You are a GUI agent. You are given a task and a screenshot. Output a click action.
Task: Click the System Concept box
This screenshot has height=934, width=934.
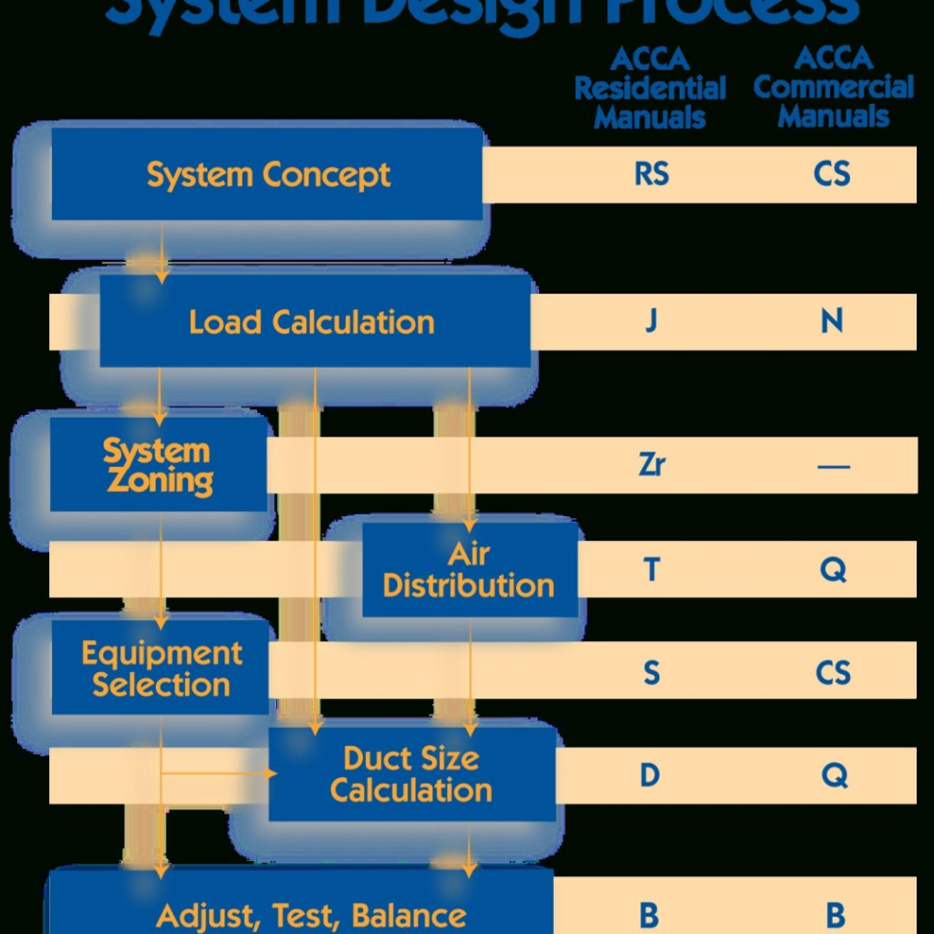(268, 175)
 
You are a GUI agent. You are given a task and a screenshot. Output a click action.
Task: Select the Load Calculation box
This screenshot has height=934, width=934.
(311, 322)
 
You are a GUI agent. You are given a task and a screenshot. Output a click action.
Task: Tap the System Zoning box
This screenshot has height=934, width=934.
(158, 465)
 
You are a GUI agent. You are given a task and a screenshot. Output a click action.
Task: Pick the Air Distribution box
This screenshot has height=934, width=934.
(469, 569)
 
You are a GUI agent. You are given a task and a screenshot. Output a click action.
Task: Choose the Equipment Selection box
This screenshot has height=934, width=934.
(161, 668)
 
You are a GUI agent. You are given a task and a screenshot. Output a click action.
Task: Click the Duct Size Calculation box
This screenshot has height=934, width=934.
(411, 774)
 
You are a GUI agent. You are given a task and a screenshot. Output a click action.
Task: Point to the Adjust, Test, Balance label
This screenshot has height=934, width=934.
(311, 914)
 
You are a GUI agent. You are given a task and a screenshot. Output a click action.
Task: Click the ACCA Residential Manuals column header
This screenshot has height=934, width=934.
(650, 89)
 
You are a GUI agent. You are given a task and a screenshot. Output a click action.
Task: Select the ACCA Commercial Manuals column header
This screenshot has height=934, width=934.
(833, 89)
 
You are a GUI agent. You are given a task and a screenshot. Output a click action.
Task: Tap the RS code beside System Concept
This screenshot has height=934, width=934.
(651, 175)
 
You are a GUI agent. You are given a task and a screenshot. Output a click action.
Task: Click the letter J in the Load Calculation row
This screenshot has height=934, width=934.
(651, 321)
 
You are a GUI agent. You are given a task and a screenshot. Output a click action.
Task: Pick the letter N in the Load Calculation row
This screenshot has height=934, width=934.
(832, 321)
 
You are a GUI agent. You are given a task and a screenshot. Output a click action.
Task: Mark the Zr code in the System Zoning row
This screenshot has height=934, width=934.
(651, 465)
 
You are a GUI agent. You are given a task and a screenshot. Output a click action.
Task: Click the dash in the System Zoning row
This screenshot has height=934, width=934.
(833, 467)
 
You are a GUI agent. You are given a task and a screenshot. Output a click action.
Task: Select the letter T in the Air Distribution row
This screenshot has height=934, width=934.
(651, 570)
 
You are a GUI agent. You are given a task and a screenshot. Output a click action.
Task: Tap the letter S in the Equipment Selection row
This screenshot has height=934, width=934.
(651, 672)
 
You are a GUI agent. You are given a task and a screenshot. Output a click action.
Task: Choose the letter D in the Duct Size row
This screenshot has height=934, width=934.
(651, 775)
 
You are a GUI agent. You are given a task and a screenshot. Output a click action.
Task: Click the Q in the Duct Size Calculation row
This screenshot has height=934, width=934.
(833, 775)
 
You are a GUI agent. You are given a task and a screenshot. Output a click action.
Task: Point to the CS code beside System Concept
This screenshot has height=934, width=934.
(832, 175)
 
